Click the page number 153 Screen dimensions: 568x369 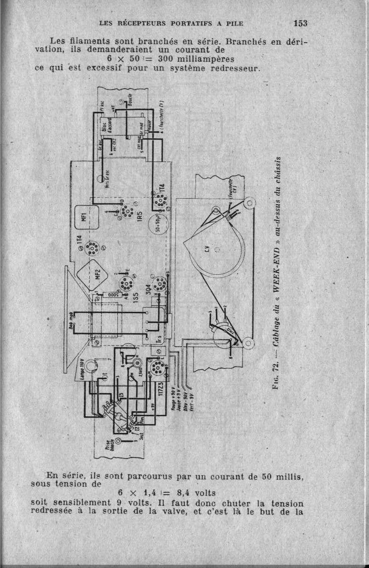click(300, 23)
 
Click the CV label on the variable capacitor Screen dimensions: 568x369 click(207, 251)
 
